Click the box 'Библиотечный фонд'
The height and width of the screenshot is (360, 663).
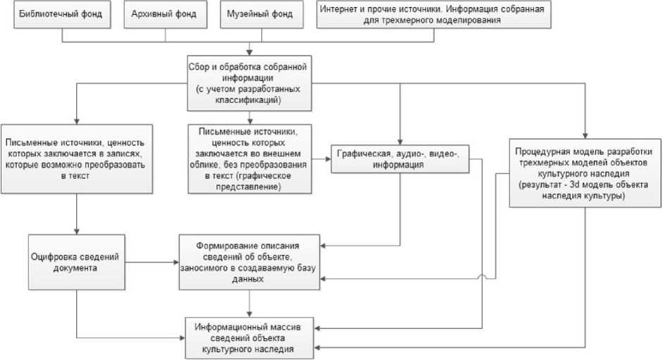pos(61,15)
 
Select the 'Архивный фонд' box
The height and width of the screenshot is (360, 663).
pos(165,15)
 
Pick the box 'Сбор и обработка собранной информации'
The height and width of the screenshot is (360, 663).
pos(249,83)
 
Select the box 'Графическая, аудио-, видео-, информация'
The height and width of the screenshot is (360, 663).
pos(399,161)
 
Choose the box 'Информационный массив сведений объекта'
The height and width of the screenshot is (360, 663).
pos(249,337)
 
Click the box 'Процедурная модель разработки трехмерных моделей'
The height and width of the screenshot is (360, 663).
pos(585,173)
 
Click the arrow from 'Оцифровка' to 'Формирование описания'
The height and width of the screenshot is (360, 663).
pos(152,262)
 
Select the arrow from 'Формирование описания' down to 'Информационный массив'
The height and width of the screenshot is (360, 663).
pos(249,303)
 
